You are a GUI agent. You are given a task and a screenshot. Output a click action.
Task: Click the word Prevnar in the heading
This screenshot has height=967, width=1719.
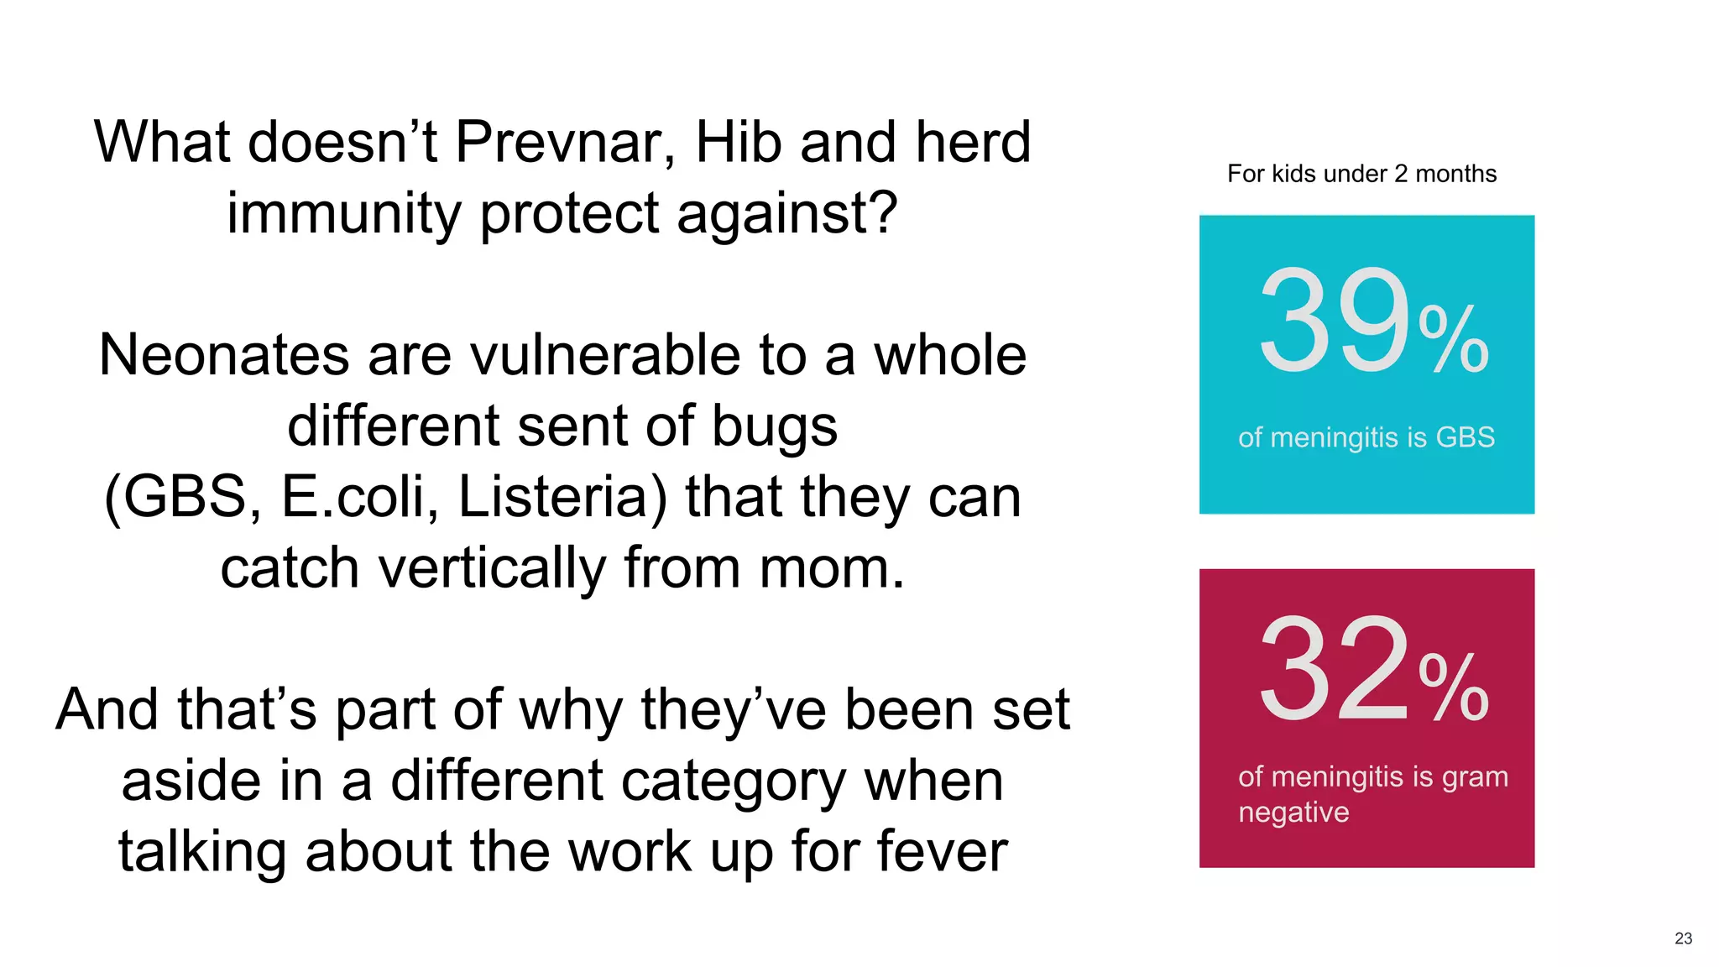tap(565, 142)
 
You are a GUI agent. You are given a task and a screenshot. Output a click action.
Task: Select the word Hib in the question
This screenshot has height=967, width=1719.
tap(739, 142)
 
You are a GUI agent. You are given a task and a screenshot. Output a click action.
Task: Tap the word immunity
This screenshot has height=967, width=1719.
tap(344, 213)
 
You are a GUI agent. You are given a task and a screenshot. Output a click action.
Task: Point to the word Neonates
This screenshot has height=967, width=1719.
tap(223, 355)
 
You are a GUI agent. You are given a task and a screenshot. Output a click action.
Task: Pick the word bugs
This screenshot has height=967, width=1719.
tap(774, 426)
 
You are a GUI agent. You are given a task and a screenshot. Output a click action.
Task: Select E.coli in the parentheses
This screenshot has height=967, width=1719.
tap(359, 497)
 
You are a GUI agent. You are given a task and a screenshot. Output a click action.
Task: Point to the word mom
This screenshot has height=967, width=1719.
tap(831, 568)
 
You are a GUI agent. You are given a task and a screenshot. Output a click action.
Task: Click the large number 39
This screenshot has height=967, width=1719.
tap(1334, 321)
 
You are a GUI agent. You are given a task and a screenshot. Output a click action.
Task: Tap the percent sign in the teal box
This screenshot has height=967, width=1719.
tap(1454, 339)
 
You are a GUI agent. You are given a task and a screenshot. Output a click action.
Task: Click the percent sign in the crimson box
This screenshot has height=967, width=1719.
tap(1454, 687)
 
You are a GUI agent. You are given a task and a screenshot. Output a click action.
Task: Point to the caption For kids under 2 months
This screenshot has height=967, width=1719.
tap(1361, 174)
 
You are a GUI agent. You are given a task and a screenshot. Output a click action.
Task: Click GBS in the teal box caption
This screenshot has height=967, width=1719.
tap(1465, 437)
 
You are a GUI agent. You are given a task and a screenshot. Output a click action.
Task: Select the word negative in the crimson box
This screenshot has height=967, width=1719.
tap(1293, 813)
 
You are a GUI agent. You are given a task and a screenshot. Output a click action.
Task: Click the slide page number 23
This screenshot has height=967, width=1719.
tap(1683, 938)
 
